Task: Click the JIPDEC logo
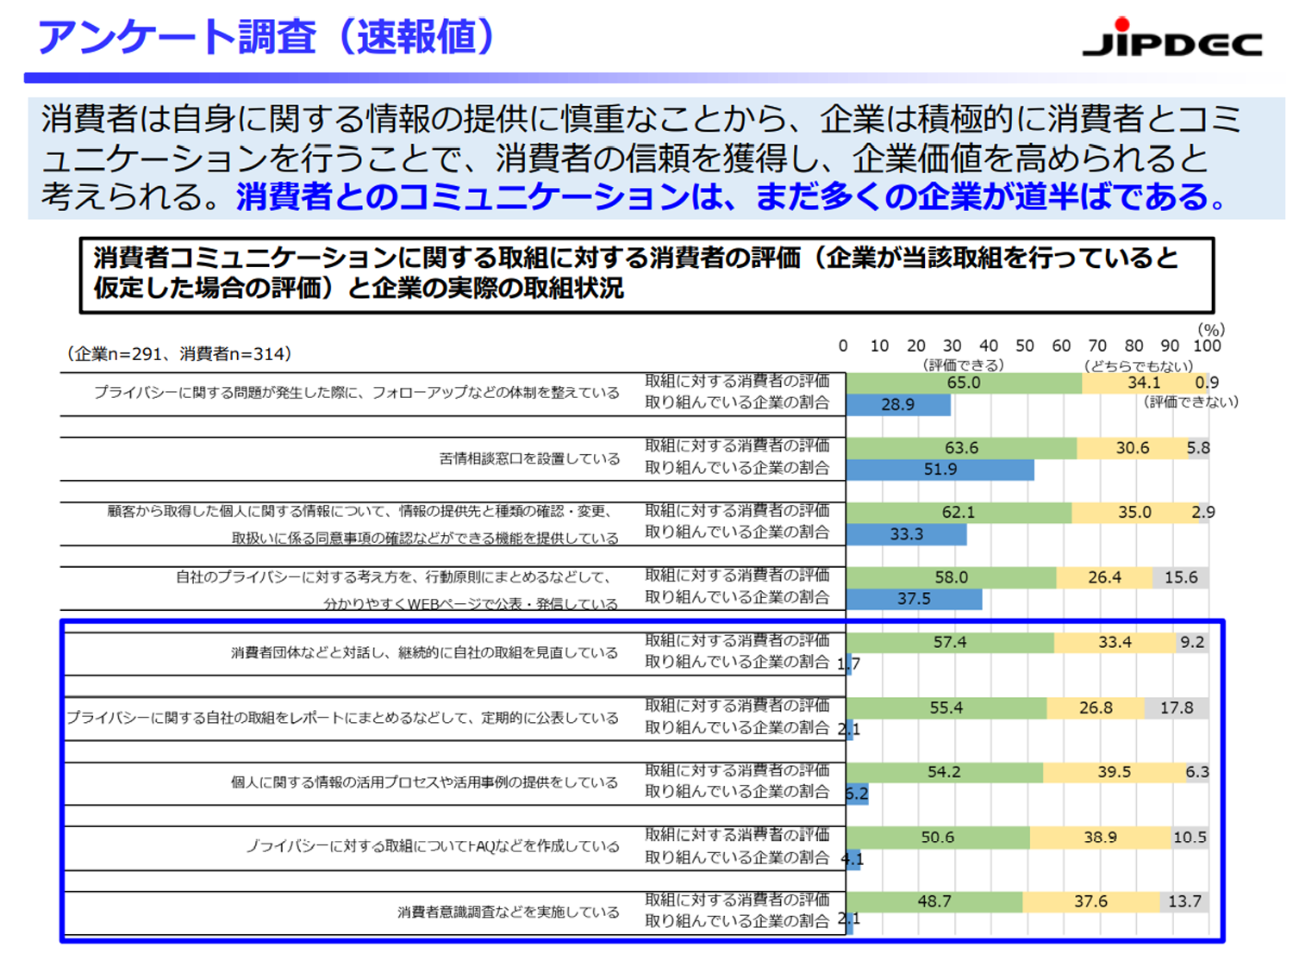point(1171,39)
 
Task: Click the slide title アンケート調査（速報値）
point(266,38)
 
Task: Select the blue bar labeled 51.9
point(940,470)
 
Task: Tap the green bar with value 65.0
point(964,383)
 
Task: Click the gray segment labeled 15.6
point(1181,577)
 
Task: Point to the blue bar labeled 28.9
point(898,404)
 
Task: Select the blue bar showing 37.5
point(914,599)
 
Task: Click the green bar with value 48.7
point(934,901)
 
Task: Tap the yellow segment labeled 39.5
point(1115,772)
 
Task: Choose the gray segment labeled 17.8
point(1177,707)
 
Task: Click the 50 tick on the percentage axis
point(1024,346)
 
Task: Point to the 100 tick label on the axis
point(1207,346)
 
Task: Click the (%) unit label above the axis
point(1211,329)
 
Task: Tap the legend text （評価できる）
point(963,365)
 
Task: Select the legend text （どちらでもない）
point(1138,365)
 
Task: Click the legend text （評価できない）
point(1190,402)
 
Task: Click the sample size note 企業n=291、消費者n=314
point(179,353)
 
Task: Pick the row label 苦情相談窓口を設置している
point(529,458)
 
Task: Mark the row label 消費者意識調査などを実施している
point(508,912)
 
